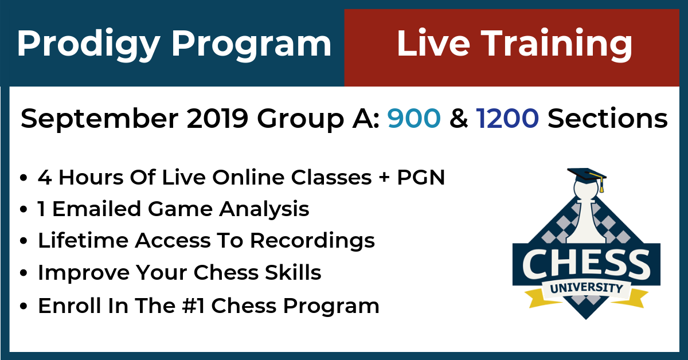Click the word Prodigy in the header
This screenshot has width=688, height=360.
coord(88,45)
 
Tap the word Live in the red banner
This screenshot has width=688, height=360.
coord(433,42)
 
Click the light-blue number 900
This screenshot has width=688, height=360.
coord(414,118)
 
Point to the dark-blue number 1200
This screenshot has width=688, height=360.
coord(507,118)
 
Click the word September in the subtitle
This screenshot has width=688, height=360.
coord(100,119)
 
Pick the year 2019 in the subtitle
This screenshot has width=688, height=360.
coord(217,118)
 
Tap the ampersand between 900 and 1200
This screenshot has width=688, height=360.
coord(459,118)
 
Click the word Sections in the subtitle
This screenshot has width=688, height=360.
coord(608,118)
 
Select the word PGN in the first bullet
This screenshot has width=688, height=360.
coord(421,177)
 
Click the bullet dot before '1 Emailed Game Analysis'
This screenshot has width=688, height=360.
coord(24,209)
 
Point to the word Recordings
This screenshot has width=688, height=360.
coord(312,241)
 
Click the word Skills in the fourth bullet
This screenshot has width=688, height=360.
coord(293,272)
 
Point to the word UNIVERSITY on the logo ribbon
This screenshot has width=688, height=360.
coord(587,288)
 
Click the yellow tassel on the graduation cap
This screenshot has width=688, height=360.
coord(601,186)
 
